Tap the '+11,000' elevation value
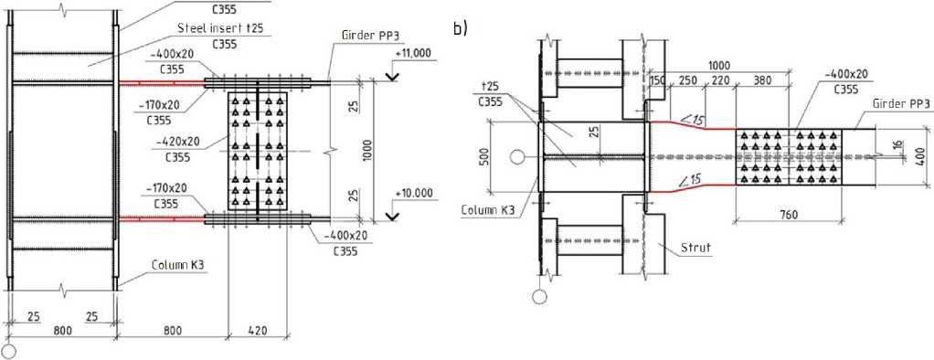tap(414, 53)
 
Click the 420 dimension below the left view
tap(258, 330)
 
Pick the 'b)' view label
tap(461, 28)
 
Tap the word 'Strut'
tap(696, 248)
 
